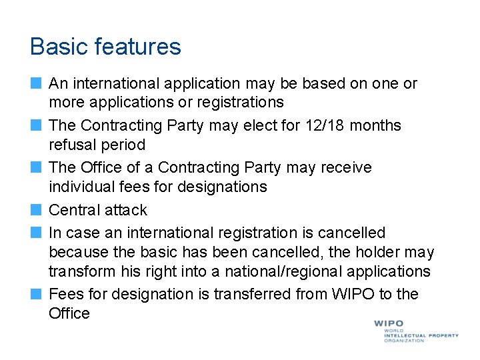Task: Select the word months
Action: (375, 125)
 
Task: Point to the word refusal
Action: (71, 145)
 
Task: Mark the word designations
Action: (223, 187)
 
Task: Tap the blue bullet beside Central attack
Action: (36, 210)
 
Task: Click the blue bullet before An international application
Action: (36, 83)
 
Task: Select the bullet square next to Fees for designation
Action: (36, 294)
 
